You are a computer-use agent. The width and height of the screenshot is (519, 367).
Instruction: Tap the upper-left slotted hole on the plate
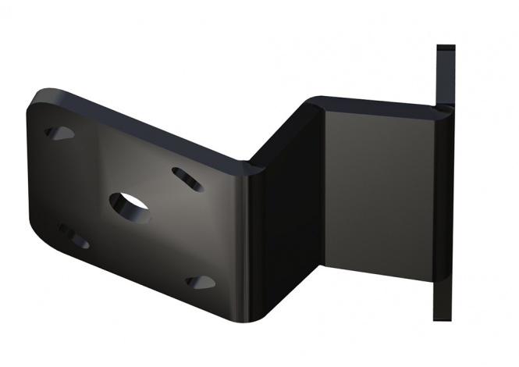tap(59, 134)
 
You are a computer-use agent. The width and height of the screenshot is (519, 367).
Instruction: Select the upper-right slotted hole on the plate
tap(187, 178)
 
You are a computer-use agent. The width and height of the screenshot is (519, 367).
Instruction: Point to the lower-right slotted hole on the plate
tap(201, 281)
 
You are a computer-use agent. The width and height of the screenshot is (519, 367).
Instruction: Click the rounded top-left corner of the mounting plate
tap(39, 100)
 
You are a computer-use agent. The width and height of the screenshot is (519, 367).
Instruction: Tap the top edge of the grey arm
tap(375, 103)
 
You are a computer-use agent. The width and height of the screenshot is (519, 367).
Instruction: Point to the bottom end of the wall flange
tap(443, 316)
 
